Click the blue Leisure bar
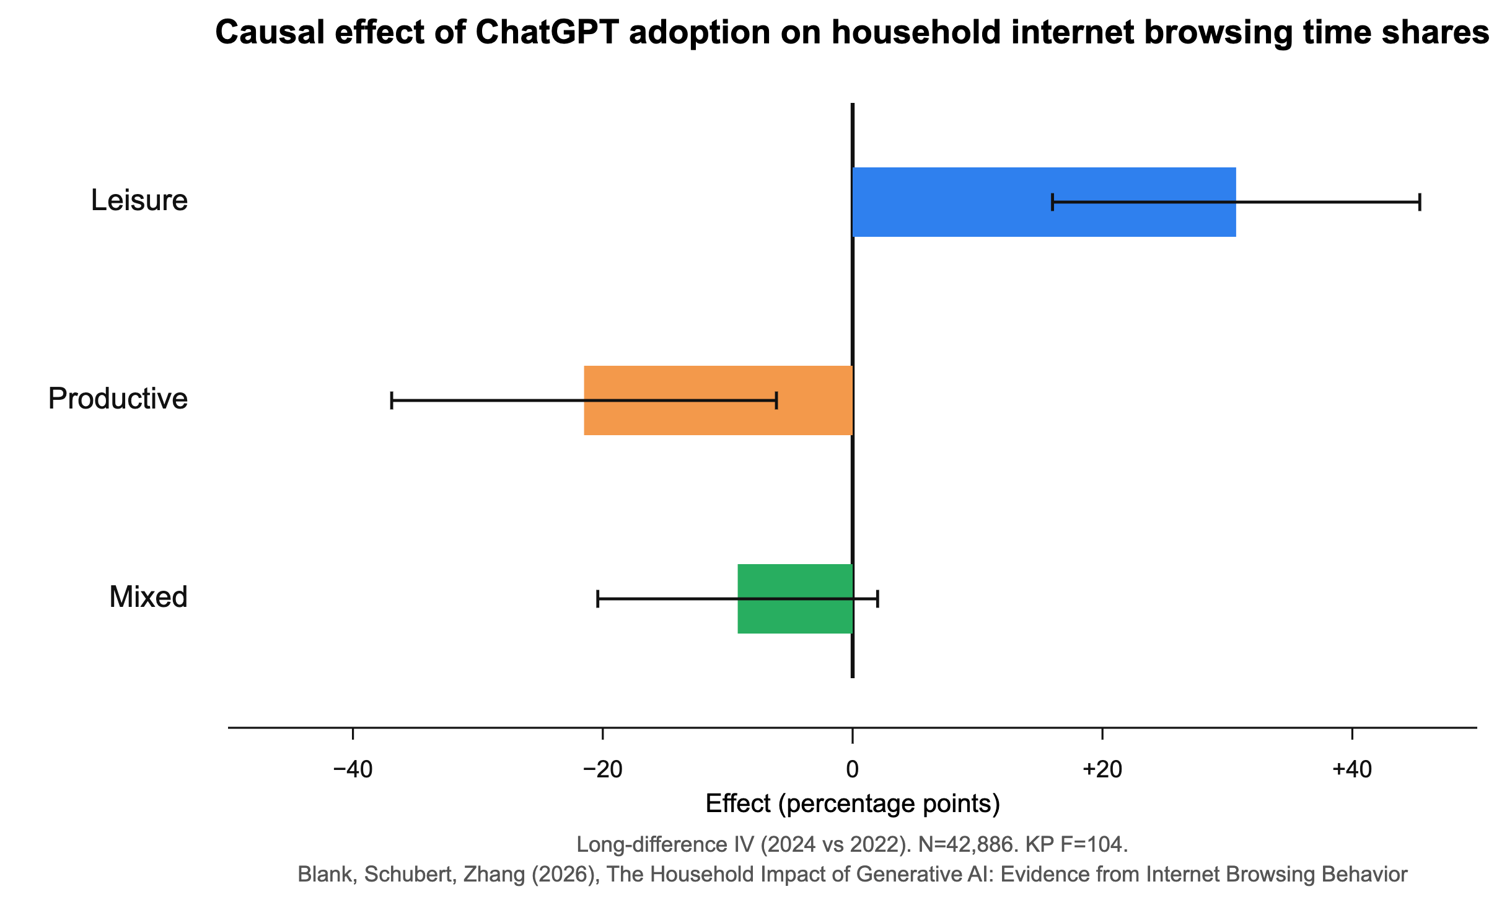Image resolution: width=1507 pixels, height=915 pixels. click(x=1044, y=202)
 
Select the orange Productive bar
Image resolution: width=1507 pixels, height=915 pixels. click(x=718, y=400)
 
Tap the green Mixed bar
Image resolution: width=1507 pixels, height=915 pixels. click(x=795, y=599)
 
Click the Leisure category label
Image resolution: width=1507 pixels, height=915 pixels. click(x=139, y=200)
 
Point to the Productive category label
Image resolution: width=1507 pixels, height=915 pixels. click(x=118, y=399)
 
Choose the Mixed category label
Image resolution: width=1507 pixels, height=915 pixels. click(x=149, y=597)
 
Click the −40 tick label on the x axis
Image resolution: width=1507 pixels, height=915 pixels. click(x=353, y=769)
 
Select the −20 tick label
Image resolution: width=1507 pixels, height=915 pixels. click(x=602, y=769)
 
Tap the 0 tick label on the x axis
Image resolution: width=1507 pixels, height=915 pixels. click(x=853, y=769)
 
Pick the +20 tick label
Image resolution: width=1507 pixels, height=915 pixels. click(x=1102, y=769)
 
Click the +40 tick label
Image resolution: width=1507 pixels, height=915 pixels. click(x=1352, y=769)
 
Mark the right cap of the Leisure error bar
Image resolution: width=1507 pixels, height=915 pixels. click(x=1420, y=202)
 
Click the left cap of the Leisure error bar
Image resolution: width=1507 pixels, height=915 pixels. click(x=1052, y=202)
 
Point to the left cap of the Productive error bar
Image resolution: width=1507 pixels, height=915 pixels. click(x=392, y=400)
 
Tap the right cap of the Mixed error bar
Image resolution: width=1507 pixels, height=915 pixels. click(x=878, y=599)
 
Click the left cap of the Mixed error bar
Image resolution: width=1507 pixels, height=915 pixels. click(x=597, y=599)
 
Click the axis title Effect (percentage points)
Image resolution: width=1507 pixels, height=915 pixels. click(x=853, y=804)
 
